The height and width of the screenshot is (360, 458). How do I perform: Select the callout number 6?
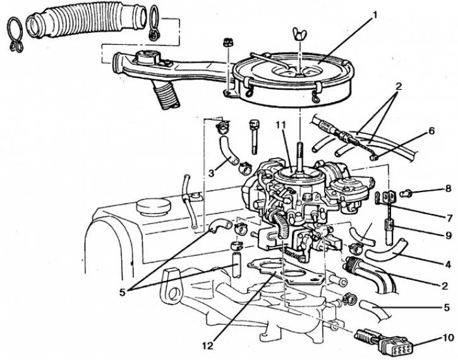click(x=431, y=132)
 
